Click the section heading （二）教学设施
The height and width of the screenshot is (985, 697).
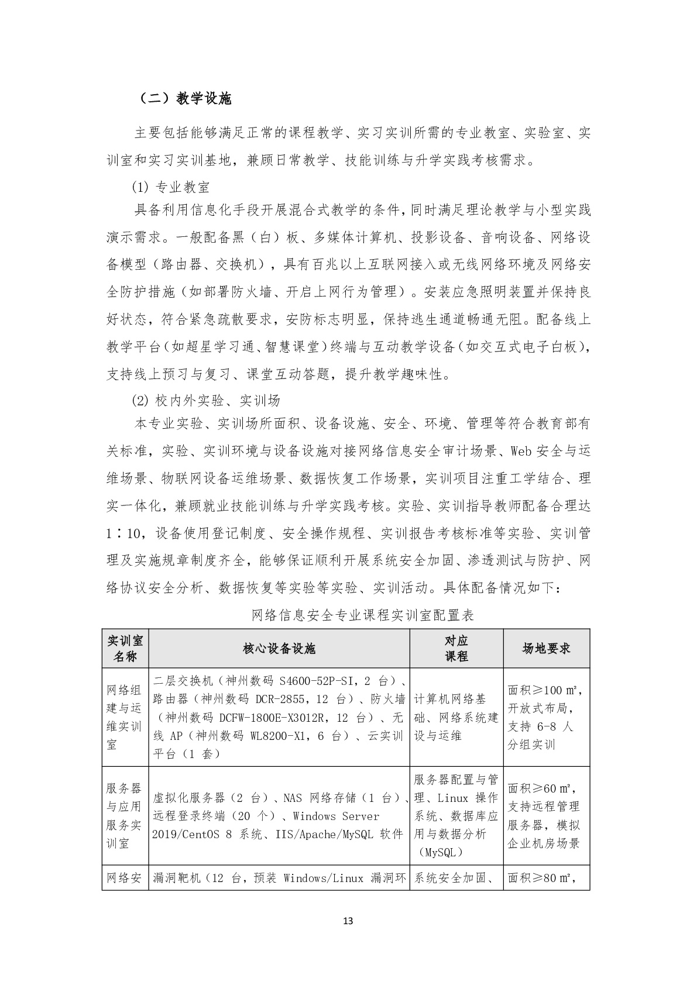click(186, 98)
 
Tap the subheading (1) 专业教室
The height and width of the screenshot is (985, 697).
click(170, 187)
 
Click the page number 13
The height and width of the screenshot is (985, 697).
click(348, 921)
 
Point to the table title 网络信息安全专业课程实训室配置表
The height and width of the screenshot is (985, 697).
click(362, 615)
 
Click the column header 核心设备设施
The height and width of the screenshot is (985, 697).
click(279, 648)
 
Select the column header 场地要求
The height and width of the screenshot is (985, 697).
click(546, 648)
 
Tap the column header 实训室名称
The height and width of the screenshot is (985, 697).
click(125, 648)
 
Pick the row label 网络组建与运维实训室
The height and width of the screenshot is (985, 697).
click(125, 717)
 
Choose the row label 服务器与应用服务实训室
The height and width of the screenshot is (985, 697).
click(125, 815)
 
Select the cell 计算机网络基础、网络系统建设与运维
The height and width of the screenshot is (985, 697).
click(456, 717)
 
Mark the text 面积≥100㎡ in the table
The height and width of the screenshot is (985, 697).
click(544, 690)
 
